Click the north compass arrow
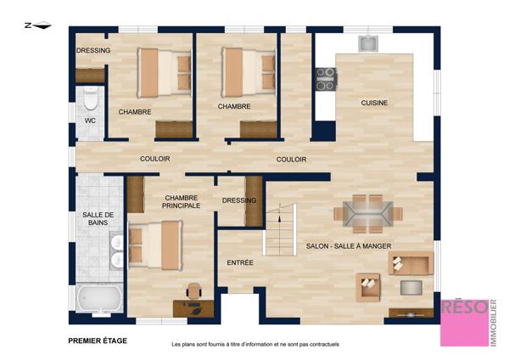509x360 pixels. (x=42, y=25)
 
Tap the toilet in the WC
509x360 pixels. (x=90, y=98)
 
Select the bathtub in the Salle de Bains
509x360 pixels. (x=99, y=298)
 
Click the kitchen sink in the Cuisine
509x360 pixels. (x=368, y=43)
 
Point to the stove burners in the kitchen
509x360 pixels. (x=326, y=79)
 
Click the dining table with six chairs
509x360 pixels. (x=368, y=214)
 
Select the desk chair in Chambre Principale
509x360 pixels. (x=194, y=290)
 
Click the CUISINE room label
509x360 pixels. (x=374, y=103)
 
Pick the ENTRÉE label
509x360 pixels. (x=240, y=262)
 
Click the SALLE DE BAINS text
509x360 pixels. (x=98, y=219)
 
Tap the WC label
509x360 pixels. (x=90, y=121)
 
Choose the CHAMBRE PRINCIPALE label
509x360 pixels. (x=182, y=202)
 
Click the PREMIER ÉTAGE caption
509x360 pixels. (x=98, y=340)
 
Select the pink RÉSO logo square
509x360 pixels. (x=464, y=323)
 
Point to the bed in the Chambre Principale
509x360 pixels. (x=155, y=245)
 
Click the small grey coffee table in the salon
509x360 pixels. (x=411, y=288)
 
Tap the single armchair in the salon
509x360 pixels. (x=368, y=287)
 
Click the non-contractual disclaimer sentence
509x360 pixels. (x=255, y=344)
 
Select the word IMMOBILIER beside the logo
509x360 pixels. (x=493, y=323)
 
